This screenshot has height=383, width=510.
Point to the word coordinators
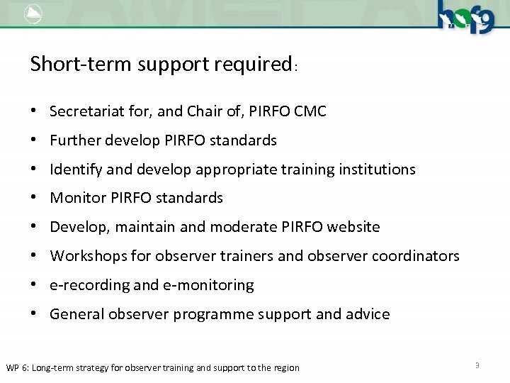tap(416, 256)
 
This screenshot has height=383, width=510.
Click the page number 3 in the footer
tap(477, 365)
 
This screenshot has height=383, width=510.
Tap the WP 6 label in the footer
tap(19, 367)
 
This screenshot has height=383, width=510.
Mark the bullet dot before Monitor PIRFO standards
tap(34, 199)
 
